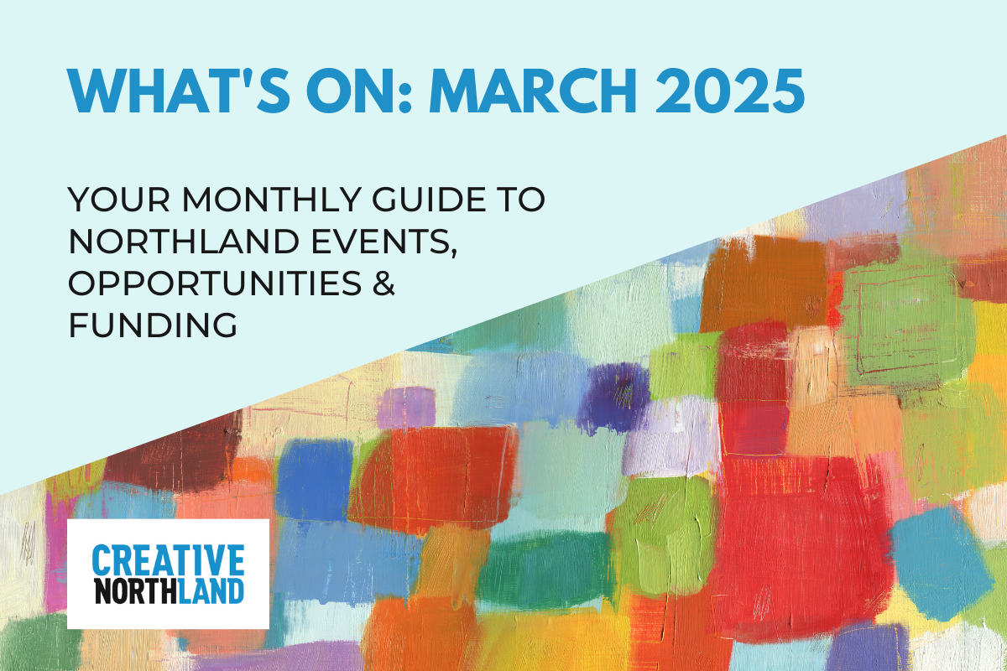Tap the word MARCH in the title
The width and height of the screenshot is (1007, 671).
pyautogui.click(x=533, y=91)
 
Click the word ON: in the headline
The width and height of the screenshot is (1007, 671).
pyautogui.click(x=359, y=91)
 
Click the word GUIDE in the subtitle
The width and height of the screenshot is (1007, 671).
pyautogui.click(x=430, y=199)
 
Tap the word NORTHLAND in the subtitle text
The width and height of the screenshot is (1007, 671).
pyautogui.click(x=184, y=242)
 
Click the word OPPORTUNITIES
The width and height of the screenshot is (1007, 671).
pyautogui.click(x=215, y=283)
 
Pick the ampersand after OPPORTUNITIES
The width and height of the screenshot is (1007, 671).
pyautogui.click(x=383, y=283)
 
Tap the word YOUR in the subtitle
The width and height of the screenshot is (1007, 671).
pyautogui.click(x=119, y=199)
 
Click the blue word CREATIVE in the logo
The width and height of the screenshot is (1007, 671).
pyautogui.click(x=168, y=559)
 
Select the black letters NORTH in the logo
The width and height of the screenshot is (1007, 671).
pyautogui.click(x=136, y=591)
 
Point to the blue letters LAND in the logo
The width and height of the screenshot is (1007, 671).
pyautogui.click(x=211, y=591)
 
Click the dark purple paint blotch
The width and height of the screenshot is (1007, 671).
pyautogui.click(x=613, y=398)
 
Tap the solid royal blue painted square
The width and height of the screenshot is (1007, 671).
pyautogui.click(x=314, y=480)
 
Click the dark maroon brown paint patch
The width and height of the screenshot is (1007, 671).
pyautogui.click(x=175, y=454)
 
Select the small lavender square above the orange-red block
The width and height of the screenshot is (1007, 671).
pyautogui.click(x=406, y=408)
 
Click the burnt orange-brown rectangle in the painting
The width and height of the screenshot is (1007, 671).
pyautogui.click(x=764, y=283)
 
